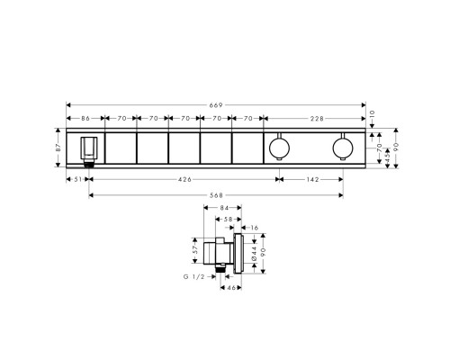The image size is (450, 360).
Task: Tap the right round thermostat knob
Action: [341, 147]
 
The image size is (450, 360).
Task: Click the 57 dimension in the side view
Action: [196, 244]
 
